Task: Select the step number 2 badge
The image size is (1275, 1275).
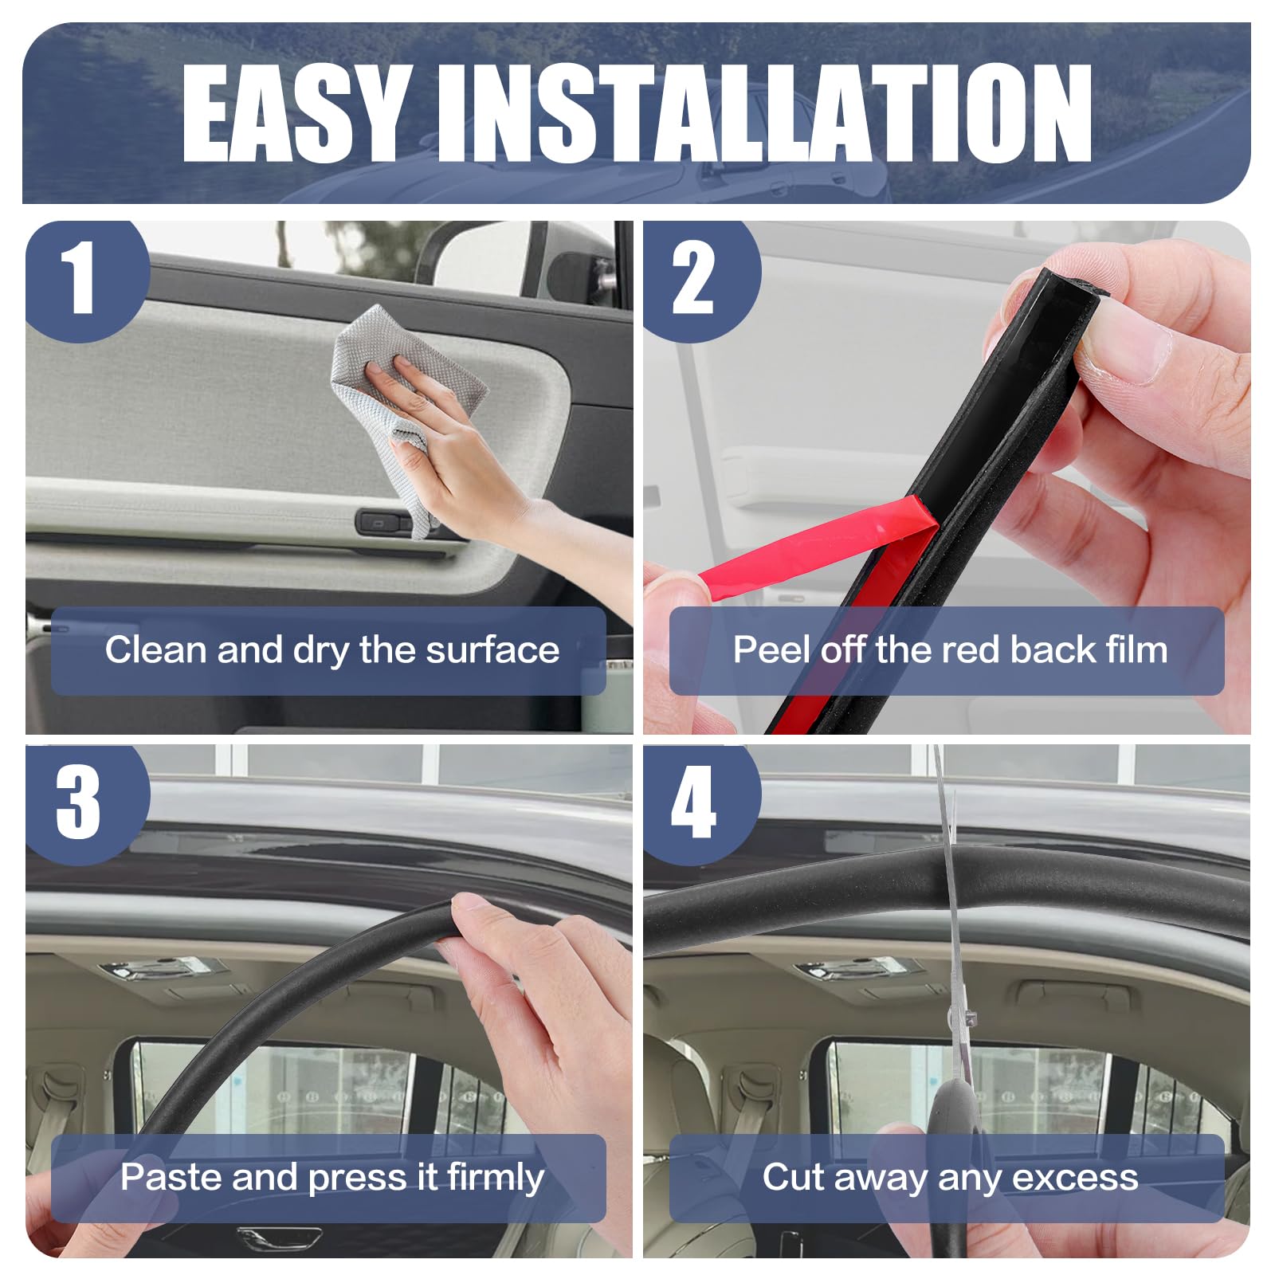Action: [701, 281]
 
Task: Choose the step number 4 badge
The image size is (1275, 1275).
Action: [701, 805]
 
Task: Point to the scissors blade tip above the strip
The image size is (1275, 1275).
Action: [939, 749]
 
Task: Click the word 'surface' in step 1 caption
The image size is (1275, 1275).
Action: [492, 650]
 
